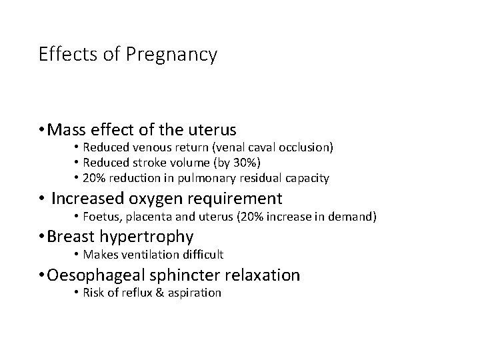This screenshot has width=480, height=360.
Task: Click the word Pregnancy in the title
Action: point(177,55)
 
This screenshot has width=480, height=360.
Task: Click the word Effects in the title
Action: point(63,54)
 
